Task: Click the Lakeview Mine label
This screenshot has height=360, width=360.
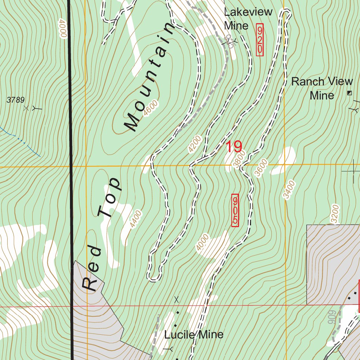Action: (248, 19)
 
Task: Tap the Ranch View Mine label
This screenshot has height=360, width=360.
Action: (322, 88)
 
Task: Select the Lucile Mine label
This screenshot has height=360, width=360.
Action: (194, 334)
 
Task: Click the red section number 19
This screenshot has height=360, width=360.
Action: (234, 147)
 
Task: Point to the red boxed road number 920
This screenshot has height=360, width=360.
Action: (260, 39)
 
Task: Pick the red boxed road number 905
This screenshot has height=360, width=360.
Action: (235, 210)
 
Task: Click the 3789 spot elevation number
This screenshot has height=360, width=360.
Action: (15, 100)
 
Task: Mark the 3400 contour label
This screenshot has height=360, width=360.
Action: (290, 190)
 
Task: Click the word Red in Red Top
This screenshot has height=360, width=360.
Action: (92, 269)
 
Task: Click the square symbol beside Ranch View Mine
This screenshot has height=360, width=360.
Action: (349, 93)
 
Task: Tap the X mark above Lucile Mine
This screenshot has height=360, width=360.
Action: (176, 300)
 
